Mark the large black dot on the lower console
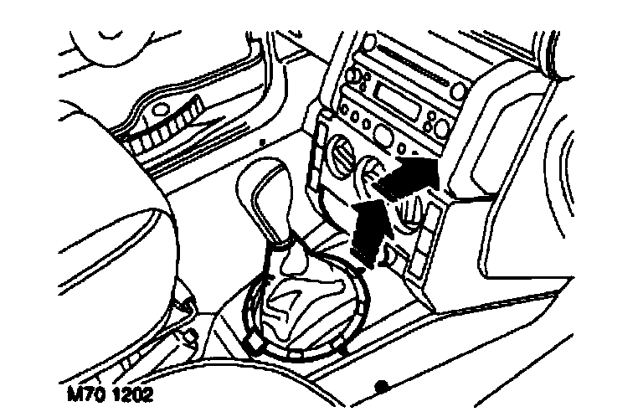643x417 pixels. point(382,386)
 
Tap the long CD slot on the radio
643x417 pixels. point(411,59)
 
